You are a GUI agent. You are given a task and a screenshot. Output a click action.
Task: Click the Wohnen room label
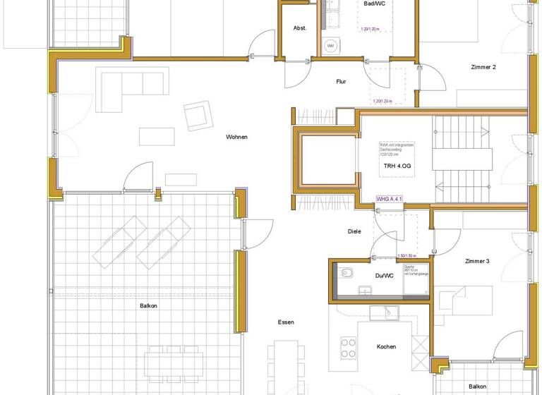click(x=237, y=137)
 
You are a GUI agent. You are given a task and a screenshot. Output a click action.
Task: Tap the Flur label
click(x=341, y=82)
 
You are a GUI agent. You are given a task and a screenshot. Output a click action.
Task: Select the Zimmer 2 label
click(x=484, y=67)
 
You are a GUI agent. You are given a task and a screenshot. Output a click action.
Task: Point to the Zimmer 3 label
click(x=477, y=261)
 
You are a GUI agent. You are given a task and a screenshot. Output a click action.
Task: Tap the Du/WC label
click(x=384, y=276)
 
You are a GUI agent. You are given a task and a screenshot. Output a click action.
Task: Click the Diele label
click(x=354, y=231)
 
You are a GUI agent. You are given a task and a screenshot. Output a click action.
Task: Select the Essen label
click(x=286, y=322)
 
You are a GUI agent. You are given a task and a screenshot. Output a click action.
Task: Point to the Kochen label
click(x=386, y=346)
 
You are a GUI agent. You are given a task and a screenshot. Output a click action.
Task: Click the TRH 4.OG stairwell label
click(x=395, y=166)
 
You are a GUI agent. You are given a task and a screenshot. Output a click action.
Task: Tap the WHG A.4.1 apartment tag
click(x=390, y=200)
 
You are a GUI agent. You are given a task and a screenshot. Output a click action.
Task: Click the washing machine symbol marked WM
click(x=330, y=47)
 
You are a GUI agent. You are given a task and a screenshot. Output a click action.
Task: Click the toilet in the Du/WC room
click(x=346, y=272)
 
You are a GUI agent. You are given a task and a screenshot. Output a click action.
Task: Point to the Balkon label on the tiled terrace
click(x=148, y=305)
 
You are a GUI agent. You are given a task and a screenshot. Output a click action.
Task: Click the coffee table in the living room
click(x=157, y=135)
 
